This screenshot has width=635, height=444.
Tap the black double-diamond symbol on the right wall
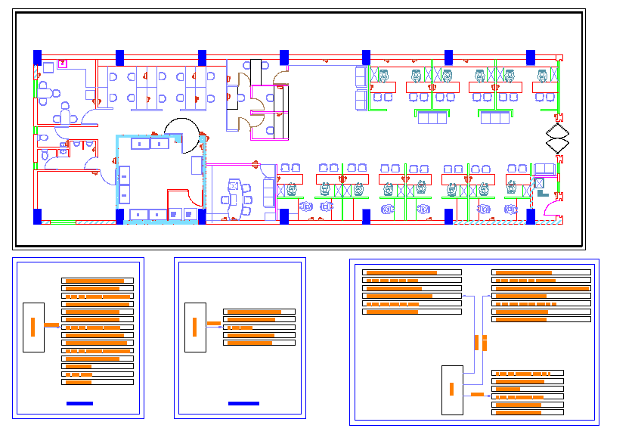557,140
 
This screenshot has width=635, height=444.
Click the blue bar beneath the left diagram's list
79,403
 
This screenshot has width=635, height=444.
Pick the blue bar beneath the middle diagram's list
243,403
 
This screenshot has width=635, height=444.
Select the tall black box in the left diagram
33,327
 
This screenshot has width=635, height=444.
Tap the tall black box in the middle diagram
195,327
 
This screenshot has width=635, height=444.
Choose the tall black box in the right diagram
452,390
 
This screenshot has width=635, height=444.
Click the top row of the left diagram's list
98,281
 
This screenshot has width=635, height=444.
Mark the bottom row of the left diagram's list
98,382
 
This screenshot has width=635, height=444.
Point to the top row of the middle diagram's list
259,312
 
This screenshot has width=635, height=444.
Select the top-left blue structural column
37,57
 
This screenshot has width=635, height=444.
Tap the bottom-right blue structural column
531,217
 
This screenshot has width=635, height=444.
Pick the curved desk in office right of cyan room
233,185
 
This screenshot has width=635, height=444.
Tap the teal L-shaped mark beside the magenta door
543,193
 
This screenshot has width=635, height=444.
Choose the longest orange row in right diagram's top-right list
541,288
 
